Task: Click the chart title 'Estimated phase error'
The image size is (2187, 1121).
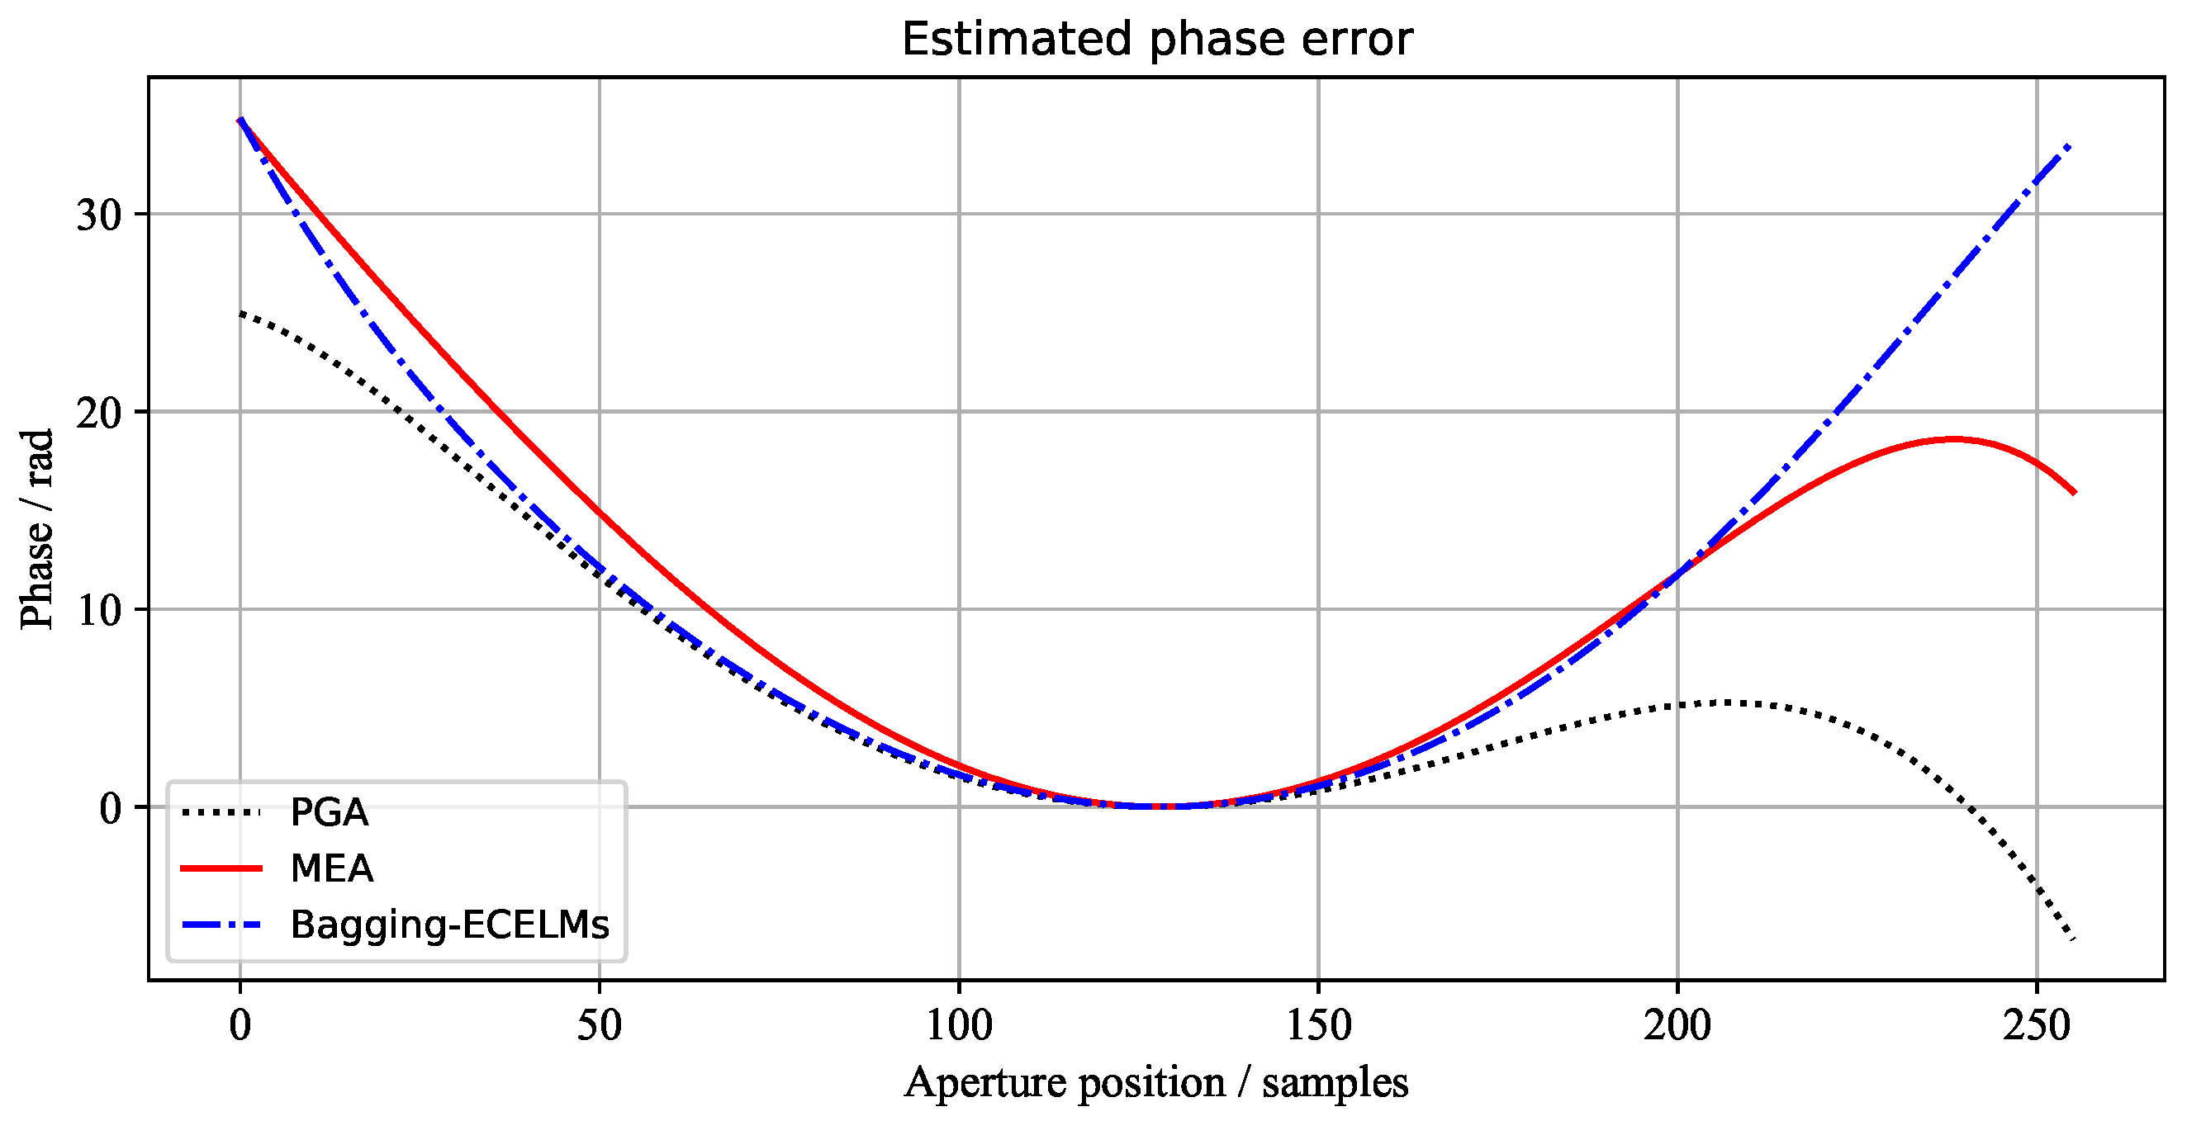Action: point(1156,39)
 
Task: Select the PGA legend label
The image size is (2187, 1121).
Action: point(330,812)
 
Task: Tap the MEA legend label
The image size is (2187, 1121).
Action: point(332,868)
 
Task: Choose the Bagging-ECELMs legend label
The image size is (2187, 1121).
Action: point(450,925)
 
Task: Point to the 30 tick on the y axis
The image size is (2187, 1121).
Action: point(99,215)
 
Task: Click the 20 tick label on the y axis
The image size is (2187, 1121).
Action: point(99,413)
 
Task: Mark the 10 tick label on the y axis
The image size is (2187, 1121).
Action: point(99,610)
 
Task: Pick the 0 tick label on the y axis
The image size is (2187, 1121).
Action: point(111,808)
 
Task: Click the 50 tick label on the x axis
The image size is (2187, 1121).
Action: point(600,1025)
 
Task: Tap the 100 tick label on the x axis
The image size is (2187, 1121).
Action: point(959,1025)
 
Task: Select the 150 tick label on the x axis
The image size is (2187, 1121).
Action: point(1317,1025)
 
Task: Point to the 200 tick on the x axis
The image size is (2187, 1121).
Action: point(1677,1025)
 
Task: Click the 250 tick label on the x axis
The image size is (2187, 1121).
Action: point(2037,1025)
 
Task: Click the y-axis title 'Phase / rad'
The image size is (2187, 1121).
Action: point(37,528)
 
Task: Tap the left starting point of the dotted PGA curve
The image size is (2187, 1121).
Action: point(241,313)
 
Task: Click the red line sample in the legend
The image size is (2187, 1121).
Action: point(221,868)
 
